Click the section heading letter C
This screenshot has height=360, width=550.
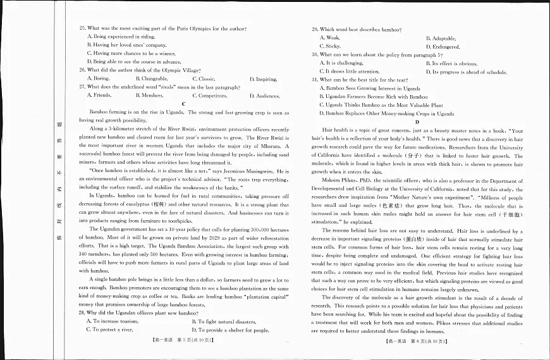183,104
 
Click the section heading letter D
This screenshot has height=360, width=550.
417,121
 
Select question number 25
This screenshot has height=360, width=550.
83,28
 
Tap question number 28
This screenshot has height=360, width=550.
83,313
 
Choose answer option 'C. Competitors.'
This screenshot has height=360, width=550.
209,96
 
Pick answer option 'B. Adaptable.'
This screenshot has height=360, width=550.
441,39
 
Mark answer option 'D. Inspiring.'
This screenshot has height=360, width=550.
263,79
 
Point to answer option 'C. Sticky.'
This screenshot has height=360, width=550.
330,47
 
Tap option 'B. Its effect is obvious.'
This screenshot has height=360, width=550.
451,63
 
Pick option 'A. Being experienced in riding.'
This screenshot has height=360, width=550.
121,37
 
